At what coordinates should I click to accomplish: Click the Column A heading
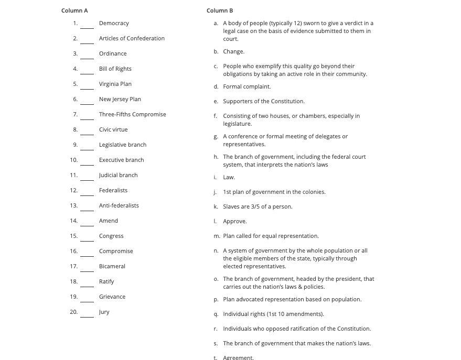point(74,10)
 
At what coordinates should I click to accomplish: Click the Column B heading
point(220,10)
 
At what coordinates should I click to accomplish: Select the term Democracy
point(114,23)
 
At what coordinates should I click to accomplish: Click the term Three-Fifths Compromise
point(132,114)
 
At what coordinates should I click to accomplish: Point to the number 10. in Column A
point(73,160)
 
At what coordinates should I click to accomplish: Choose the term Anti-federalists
point(119,205)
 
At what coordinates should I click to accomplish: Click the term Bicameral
point(112,266)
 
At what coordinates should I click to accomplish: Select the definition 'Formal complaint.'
point(246,86)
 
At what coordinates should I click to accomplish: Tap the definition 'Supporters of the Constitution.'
point(263,101)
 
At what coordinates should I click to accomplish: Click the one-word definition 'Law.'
point(229,177)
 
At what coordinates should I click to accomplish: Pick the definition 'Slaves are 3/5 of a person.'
point(258,206)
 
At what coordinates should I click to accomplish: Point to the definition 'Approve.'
point(234,221)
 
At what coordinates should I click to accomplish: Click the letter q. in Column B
point(216,314)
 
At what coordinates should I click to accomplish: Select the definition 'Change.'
point(233,51)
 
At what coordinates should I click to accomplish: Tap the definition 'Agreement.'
point(238,357)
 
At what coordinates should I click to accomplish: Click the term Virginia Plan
point(115,84)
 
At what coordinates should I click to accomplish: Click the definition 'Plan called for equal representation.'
point(271,236)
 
